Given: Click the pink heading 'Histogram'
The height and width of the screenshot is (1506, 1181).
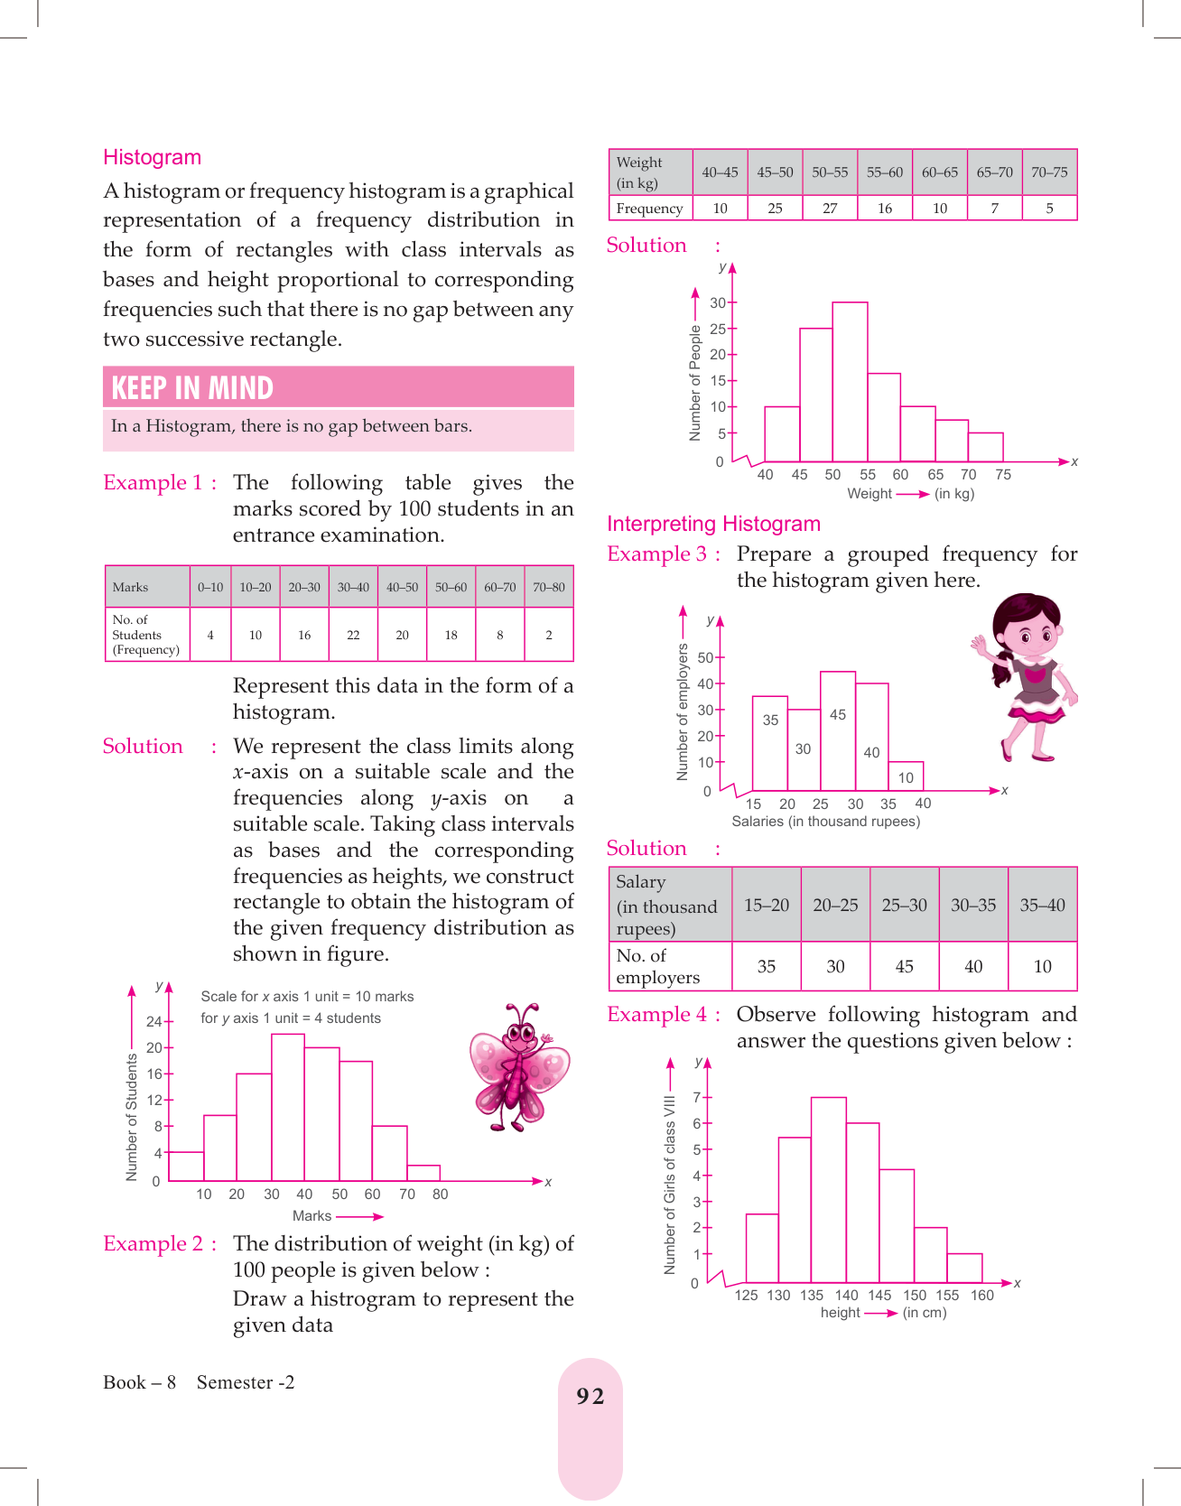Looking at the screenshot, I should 152,157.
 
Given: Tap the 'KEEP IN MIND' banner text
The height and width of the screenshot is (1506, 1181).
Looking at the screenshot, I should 191,387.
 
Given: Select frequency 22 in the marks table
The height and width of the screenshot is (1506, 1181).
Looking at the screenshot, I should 353,635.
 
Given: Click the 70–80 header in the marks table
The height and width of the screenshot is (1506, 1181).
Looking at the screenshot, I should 548,587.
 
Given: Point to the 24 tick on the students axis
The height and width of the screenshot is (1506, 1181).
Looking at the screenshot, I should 154,1021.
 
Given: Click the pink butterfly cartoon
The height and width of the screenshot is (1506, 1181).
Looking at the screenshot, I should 518,1066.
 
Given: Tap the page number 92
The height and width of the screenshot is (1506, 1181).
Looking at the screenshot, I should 590,1397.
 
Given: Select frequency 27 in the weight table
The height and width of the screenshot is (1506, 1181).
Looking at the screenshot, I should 830,209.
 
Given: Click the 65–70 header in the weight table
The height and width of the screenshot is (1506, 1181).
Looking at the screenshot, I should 994,172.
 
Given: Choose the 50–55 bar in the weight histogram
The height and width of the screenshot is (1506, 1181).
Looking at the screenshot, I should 850,381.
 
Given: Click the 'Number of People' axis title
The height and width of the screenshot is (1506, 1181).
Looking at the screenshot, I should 694,383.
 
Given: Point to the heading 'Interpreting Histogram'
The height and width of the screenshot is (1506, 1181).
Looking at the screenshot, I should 713,524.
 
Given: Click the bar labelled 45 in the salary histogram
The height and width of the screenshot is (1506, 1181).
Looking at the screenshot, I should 837,730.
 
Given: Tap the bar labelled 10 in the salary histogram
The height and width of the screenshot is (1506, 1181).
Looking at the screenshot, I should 906,776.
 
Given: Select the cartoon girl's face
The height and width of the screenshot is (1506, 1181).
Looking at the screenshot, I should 1028,631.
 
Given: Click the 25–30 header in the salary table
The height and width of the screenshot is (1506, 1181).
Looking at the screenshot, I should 904,905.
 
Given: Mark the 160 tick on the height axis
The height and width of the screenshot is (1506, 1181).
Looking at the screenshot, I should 981,1295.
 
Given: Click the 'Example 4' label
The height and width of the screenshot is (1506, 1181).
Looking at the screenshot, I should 656,1015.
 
